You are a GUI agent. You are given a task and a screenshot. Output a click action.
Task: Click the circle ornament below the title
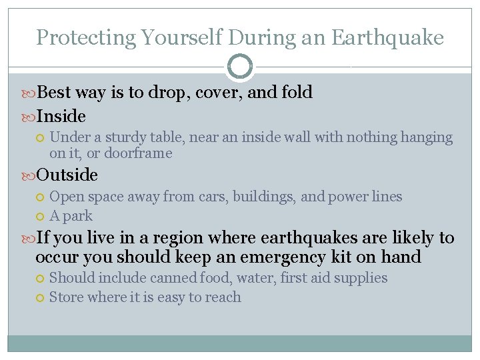click(x=240, y=67)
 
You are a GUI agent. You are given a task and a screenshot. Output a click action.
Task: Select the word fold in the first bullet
click(x=297, y=92)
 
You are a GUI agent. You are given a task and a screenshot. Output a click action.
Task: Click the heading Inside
click(x=61, y=116)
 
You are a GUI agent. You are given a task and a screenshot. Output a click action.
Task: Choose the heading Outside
click(x=67, y=175)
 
